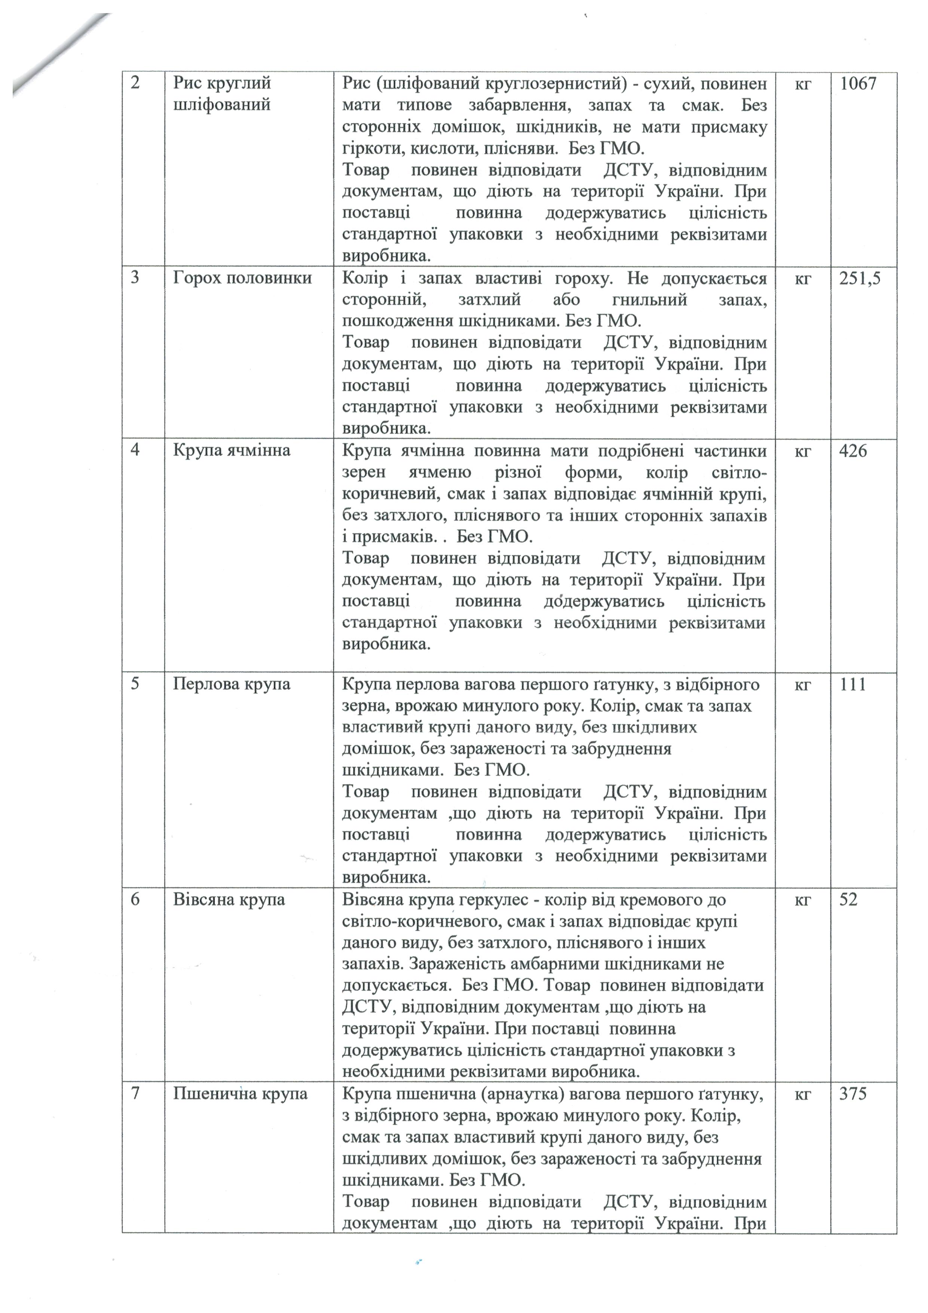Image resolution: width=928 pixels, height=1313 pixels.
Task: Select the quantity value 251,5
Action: click(x=860, y=279)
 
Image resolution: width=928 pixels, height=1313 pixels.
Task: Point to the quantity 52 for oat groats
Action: click(x=849, y=900)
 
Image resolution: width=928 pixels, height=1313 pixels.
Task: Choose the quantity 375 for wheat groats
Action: click(x=853, y=1094)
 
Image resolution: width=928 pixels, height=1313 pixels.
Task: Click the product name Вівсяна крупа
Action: click(x=229, y=900)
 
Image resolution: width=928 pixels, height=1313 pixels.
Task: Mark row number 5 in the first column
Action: click(x=135, y=684)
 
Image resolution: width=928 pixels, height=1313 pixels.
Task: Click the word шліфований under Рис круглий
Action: click(x=222, y=105)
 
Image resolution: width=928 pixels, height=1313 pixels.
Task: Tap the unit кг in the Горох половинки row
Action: click(x=803, y=279)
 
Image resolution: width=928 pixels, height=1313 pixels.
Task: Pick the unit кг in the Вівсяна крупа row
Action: click(x=803, y=900)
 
